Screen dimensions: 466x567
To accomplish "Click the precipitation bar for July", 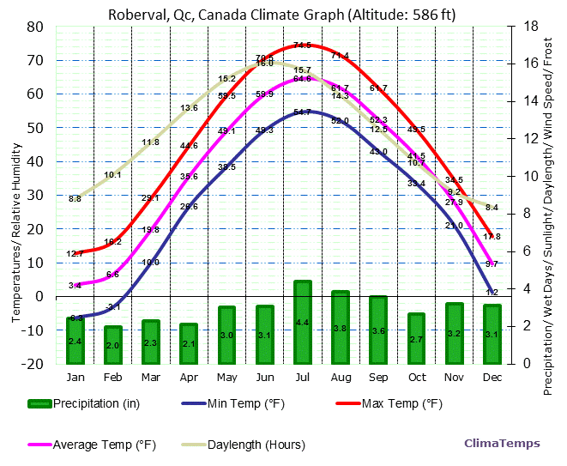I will [302, 322].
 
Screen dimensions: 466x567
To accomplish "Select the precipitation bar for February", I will [113, 345].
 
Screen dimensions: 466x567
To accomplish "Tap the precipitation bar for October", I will [416, 338].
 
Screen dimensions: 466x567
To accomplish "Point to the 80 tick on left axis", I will [35, 27].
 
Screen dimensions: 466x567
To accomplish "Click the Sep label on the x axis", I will [378, 378].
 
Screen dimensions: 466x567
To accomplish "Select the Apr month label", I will [189, 378].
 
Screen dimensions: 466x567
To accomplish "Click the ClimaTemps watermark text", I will [502, 444].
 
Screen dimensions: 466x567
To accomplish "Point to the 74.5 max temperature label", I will [302, 45].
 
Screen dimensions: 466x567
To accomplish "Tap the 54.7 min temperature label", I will [302, 112].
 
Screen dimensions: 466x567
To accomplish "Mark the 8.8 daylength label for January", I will [75, 199].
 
